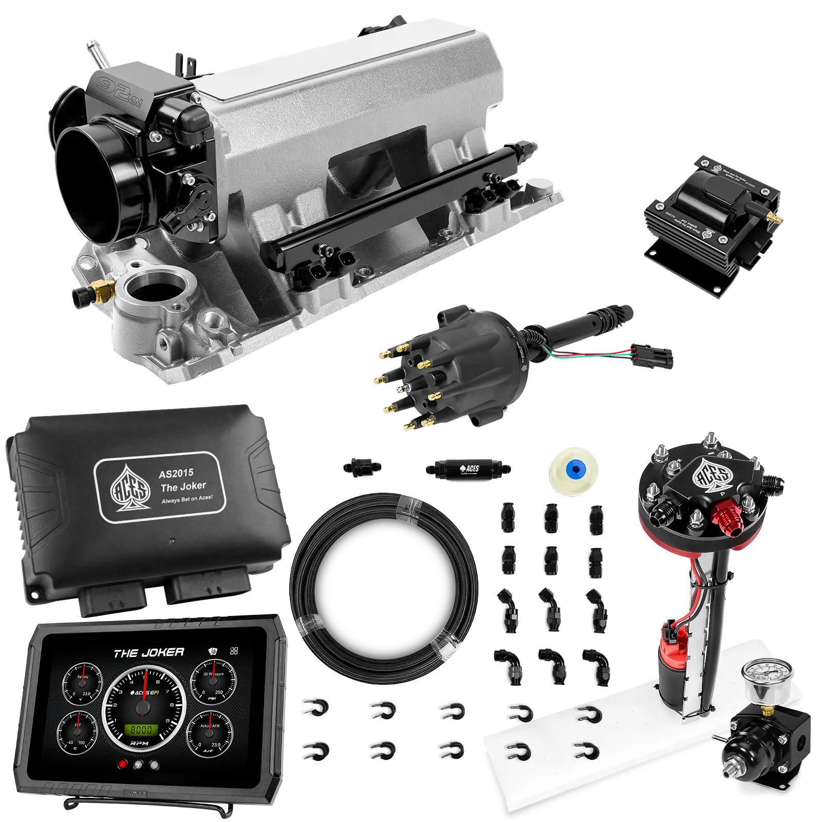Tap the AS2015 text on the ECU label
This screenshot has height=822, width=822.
176,473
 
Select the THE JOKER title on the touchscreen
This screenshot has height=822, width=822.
148,653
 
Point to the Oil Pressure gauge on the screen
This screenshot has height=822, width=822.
213,683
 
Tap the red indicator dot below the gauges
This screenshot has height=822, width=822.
122,764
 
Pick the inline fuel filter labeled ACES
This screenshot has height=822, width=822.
468,469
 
